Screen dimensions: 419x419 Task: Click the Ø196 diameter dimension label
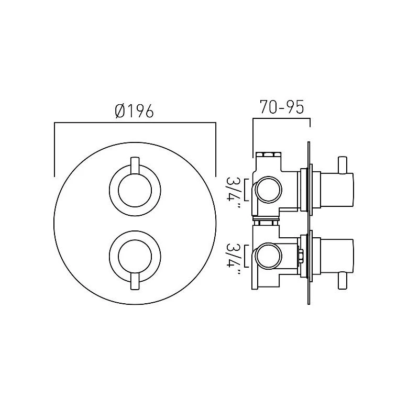134,111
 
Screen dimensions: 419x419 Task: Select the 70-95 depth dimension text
282,107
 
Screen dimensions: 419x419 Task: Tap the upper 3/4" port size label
233,192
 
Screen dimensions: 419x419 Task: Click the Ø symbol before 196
119,111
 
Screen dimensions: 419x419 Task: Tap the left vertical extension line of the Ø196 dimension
54,149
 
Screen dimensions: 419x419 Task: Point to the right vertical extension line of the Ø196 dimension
216,149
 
